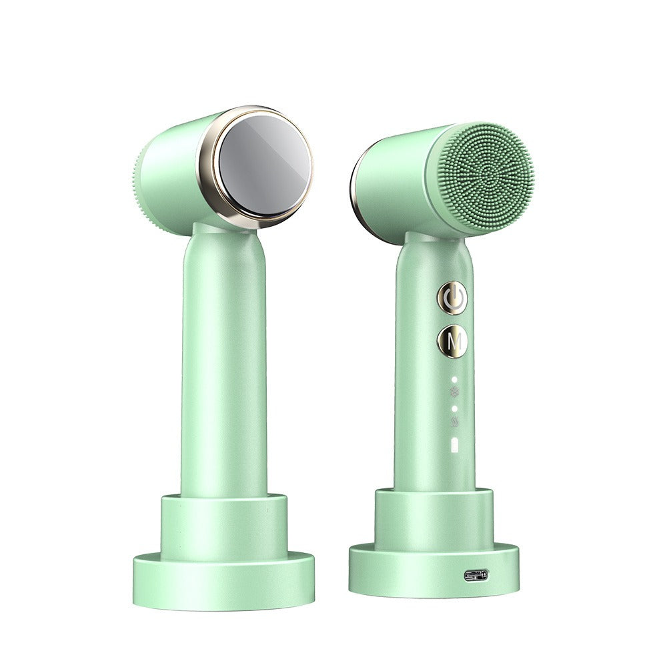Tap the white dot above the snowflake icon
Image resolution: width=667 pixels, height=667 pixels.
455,380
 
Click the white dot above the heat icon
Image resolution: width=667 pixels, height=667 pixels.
455,408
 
